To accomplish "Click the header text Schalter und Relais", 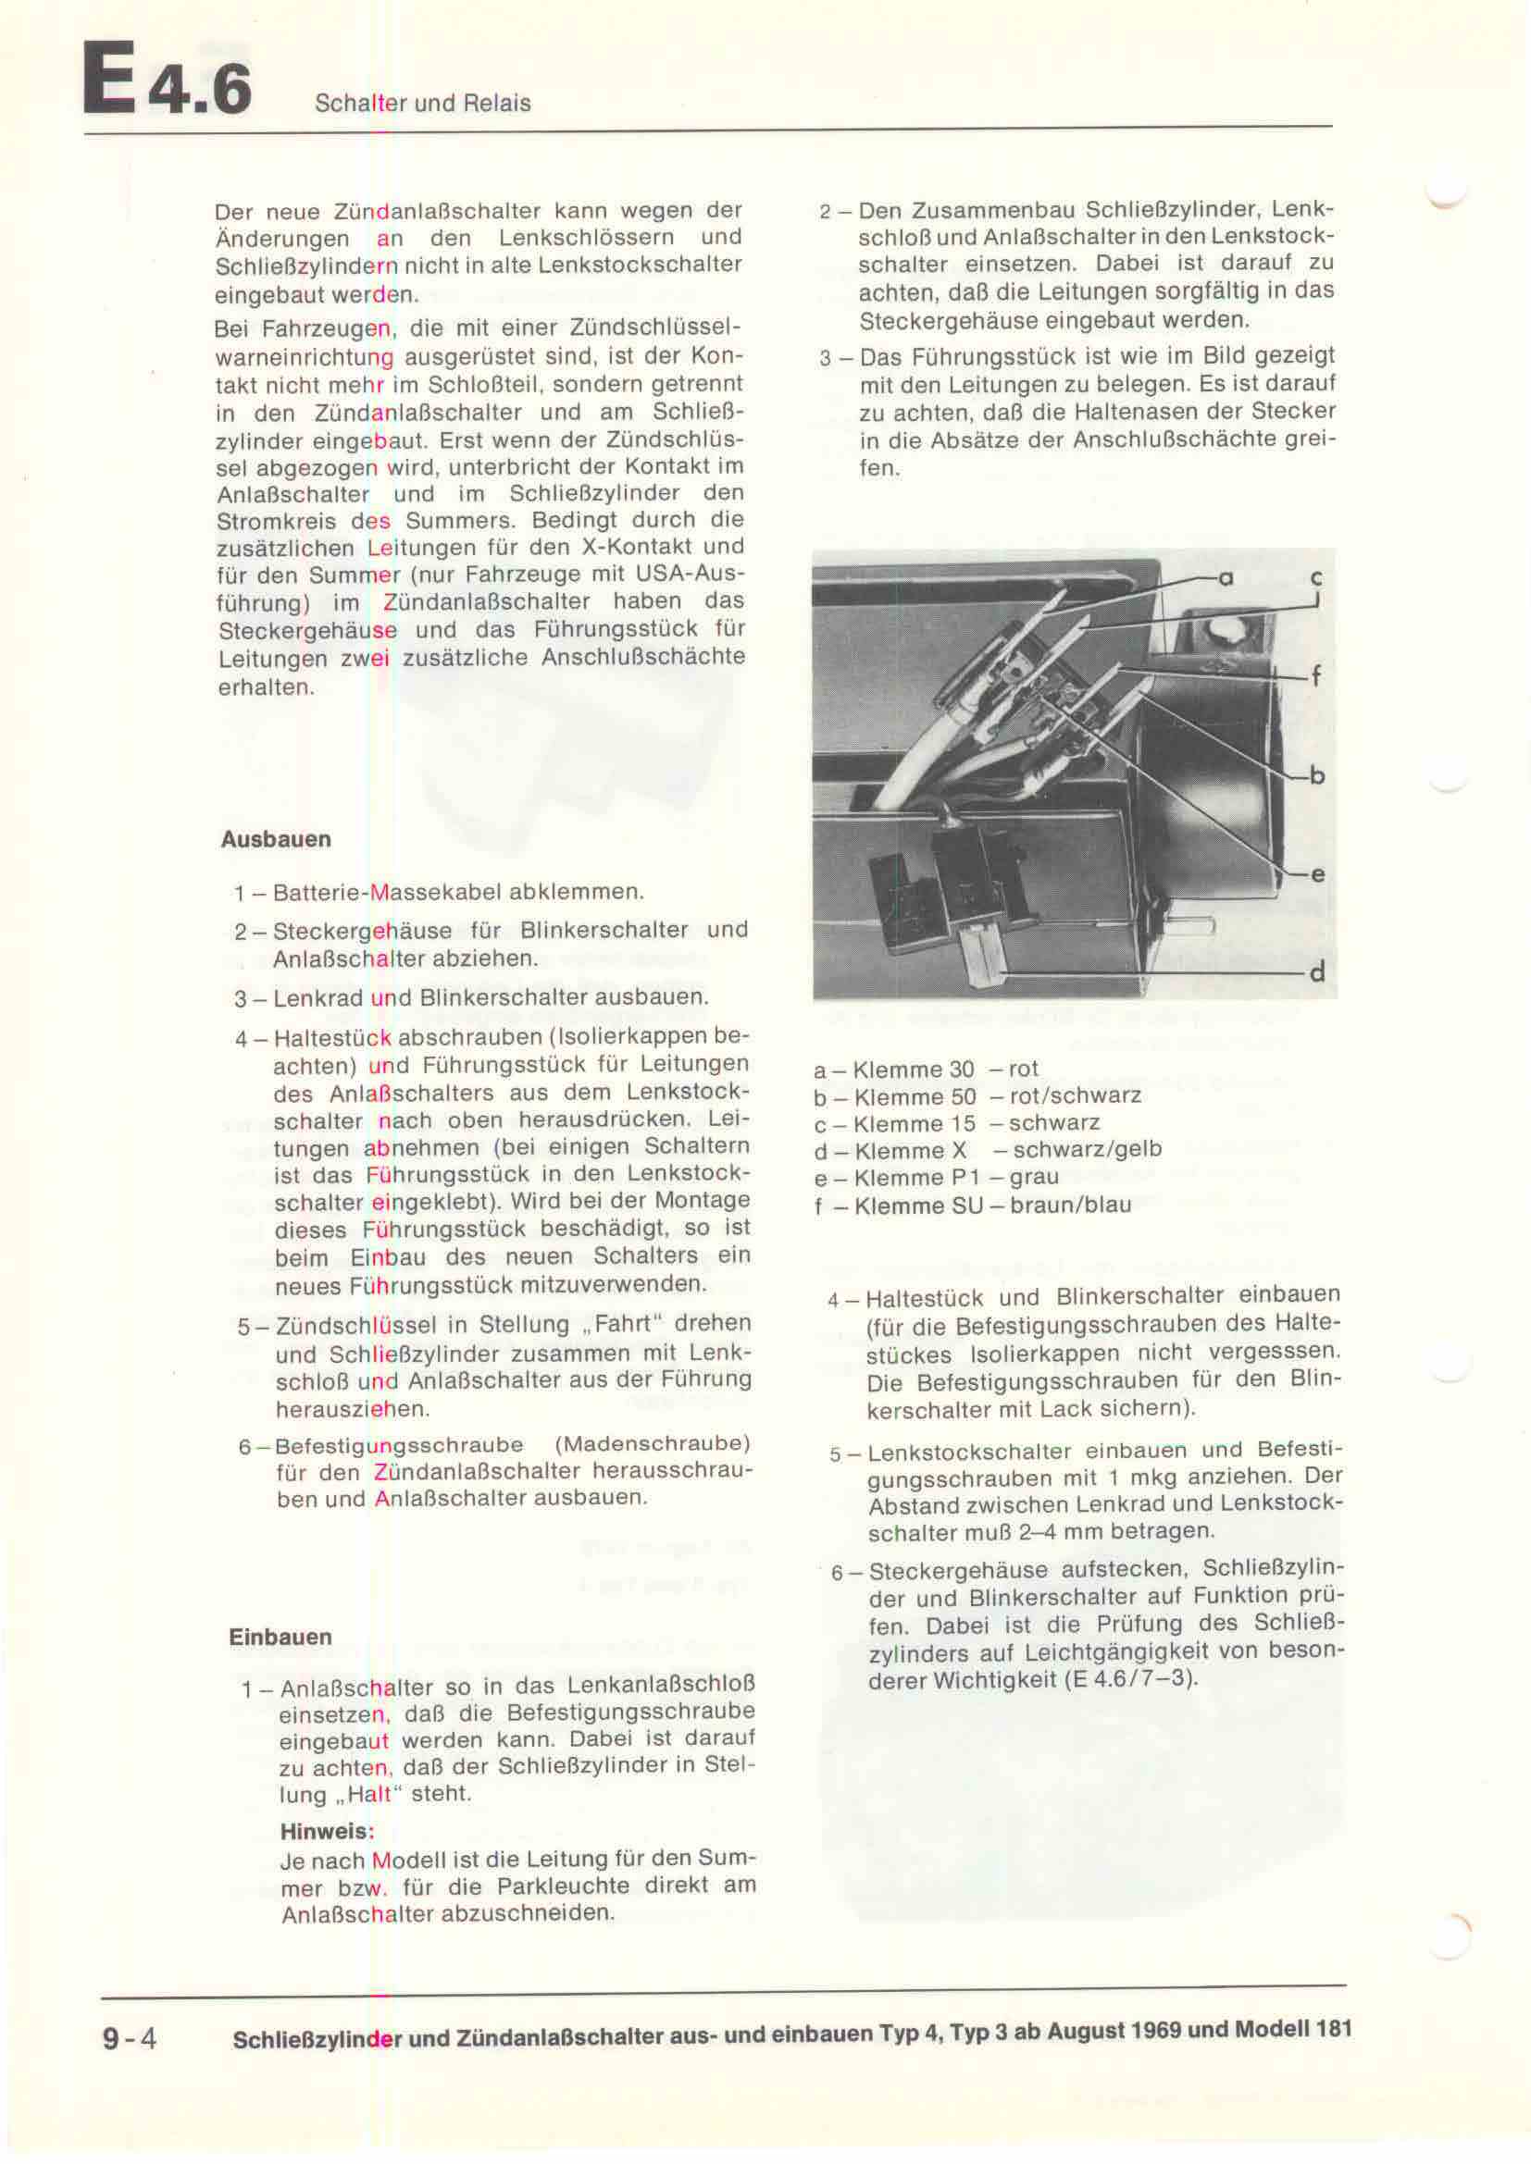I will pos(422,104).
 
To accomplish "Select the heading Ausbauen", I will pos(275,840).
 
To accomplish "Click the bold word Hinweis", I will pos(326,1832).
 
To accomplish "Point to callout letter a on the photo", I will pos(1226,577).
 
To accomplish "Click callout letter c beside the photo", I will pos(1316,577).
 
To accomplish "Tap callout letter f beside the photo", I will pos(1316,675).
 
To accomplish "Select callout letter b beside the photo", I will pos(1317,775).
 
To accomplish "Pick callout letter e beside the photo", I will pos(1317,874).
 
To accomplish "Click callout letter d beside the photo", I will pos(1317,971).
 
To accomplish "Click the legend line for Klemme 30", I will pos(926,1070).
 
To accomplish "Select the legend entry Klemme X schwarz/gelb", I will pos(987,1150).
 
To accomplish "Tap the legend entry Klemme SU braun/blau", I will pos(972,1205).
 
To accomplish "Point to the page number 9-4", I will pos(131,2039).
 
